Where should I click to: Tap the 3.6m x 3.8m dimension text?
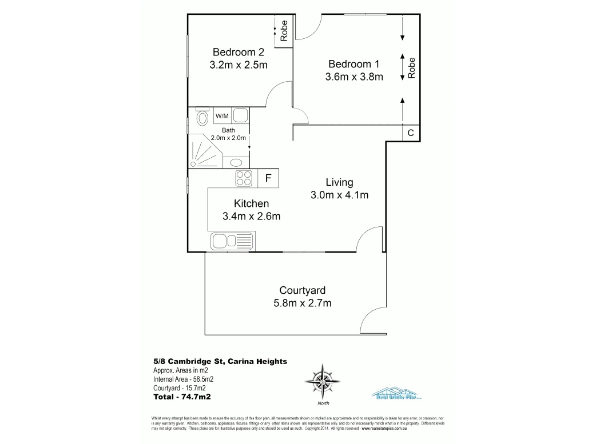(354, 77)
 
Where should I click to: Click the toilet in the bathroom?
(202, 118)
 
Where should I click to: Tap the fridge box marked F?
(268, 178)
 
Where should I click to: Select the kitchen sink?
(232, 241)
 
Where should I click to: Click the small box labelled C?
(411, 133)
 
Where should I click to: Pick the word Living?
(339, 182)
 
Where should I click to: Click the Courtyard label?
(303, 290)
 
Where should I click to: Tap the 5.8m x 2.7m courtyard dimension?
(303, 303)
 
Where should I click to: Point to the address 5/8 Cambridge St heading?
(220, 361)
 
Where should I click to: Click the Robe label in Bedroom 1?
(411, 67)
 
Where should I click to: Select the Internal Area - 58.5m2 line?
(183, 379)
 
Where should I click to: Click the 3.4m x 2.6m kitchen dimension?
(251, 216)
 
